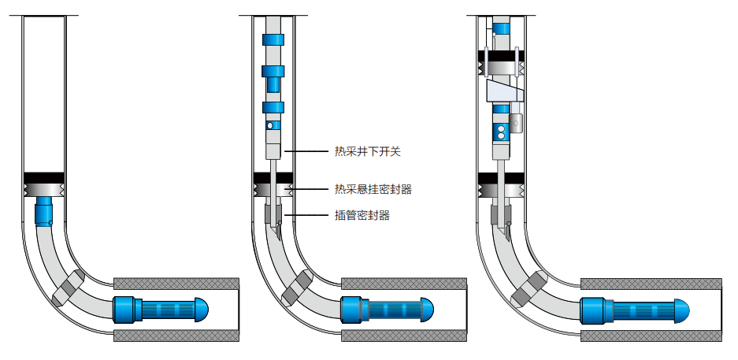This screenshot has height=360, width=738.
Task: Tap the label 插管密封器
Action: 362,214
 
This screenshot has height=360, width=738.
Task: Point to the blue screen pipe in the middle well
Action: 386,307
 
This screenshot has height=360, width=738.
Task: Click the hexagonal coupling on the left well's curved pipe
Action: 68,287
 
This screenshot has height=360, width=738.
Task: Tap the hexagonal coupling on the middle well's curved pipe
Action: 298,288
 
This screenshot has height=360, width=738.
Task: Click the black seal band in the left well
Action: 44,176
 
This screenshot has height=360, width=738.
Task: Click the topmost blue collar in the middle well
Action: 273,40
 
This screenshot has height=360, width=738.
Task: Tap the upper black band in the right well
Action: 501,58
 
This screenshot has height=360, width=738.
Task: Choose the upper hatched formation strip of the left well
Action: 176,283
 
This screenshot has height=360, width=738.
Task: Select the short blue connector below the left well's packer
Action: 44,210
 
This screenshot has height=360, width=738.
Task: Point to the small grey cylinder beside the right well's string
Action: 517,123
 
